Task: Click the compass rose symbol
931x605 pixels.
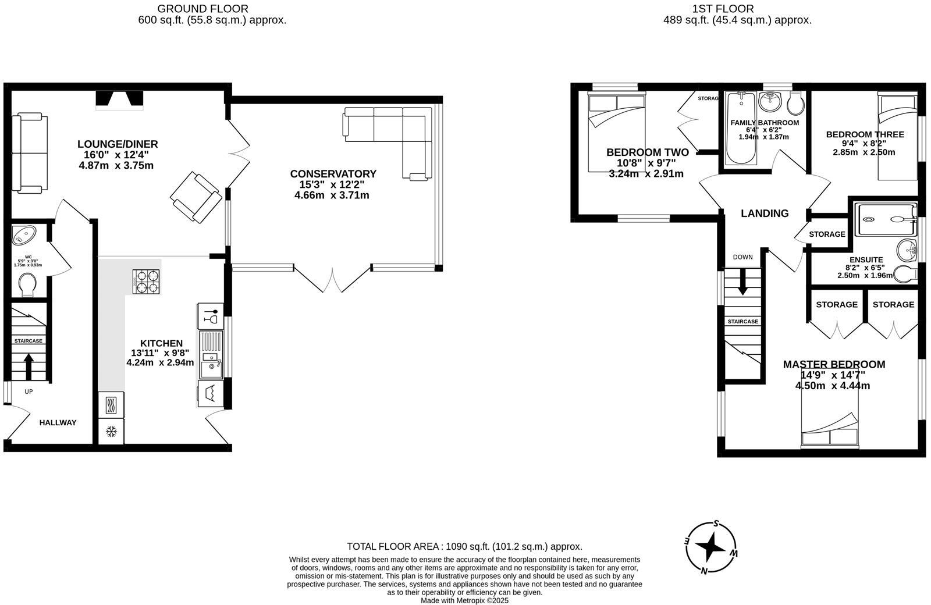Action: [x=710, y=547]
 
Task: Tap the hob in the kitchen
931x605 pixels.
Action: [x=146, y=281]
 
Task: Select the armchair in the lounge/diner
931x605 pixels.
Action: [x=196, y=197]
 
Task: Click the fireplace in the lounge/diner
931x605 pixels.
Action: [x=119, y=100]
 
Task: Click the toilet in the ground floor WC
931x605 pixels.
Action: [x=27, y=284]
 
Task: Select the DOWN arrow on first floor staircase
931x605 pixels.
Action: [x=742, y=283]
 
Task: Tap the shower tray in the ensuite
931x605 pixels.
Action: [x=885, y=219]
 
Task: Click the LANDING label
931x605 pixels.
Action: [x=765, y=213]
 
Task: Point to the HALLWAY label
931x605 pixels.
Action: [x=58, y=423]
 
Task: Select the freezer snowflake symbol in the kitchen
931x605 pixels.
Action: [x=111, y=432]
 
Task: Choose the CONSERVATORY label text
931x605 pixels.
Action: [x=333, y=174]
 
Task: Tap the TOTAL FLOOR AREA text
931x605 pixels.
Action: [x=464, y=547]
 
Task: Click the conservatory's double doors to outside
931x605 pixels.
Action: [x=332, y=279]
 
